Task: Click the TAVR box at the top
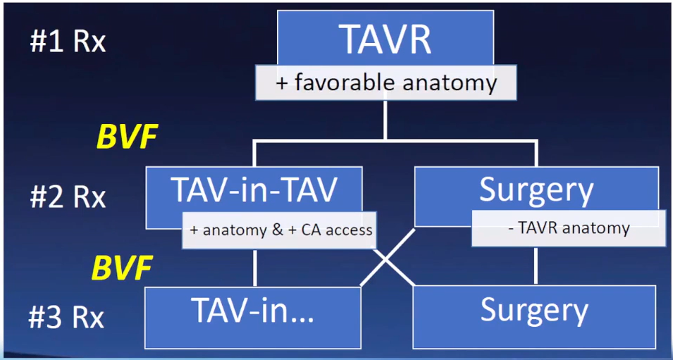(x=385, y=39)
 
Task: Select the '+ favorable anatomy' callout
(x=385, y=83)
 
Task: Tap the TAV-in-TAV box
(x=254, y=189)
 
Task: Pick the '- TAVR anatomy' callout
(x=568, y=228)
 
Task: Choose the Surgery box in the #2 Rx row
(x=536, y=190)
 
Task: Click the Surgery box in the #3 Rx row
(x=533, y=309)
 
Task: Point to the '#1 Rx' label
(x=68, y=42)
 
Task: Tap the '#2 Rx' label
(x=68, y=197)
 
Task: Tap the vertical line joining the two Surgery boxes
(x=536, y=265)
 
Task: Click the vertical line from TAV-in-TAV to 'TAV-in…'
(x=254, y=267)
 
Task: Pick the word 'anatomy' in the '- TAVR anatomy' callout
(x=600, y=228)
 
